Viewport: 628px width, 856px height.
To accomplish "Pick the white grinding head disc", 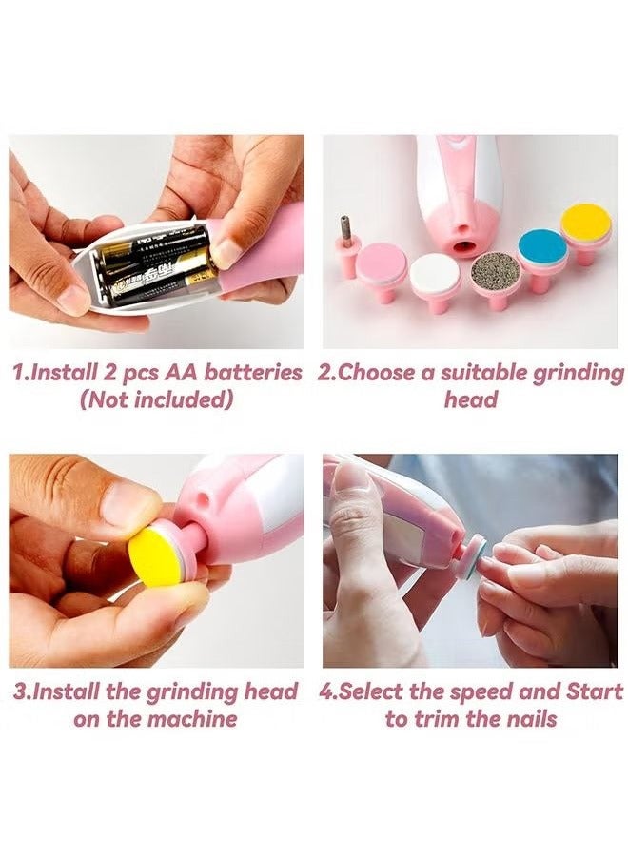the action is (x=435, y=275).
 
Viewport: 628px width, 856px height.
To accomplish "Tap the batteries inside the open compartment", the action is (x=154, y=267).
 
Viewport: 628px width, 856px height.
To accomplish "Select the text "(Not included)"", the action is (x=157, y=400).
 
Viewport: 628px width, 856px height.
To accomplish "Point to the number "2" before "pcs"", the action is (x=109, y=374).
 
